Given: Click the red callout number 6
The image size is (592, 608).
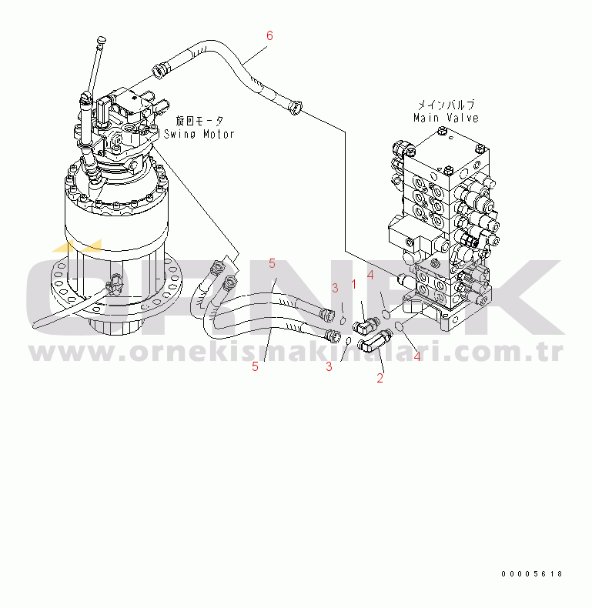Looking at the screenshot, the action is pyautogui.click(x=269, y=35).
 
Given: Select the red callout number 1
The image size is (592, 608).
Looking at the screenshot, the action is pyautogui.click(x=354, y=284).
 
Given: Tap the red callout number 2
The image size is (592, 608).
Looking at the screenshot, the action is pyautogui.click(x=380, y=378).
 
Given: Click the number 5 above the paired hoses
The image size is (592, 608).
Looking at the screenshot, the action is pyautogui.click(x=272, y=264).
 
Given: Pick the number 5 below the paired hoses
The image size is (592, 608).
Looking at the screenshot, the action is pyautogui.click(x=255, y=366).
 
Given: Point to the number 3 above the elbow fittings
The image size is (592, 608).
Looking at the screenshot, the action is pyautogui.click(x=335, y=288).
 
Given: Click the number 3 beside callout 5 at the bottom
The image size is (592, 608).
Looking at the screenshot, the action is pyautogui.click(x=329, y=366).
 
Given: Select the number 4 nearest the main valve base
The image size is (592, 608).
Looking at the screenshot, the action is pyautogui.click(x=370, y=275).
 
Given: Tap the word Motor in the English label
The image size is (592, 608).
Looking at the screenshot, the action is pyautogui.click(x=219, y=134).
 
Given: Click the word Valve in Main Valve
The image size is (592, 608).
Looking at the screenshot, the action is pyautogui.click(x=463, y=118).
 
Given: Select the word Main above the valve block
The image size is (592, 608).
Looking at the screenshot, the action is pyautogui.click(x=426, y=118).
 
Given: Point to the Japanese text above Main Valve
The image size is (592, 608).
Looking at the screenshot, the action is pyautogui.click(x=447, y=105).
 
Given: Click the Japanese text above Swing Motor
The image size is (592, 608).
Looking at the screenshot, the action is pyautogui.click(x=199, y=121).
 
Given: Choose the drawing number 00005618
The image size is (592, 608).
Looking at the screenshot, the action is pyautogui.click(x=531, y=574).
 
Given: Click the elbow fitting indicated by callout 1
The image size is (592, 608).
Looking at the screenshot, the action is pyautogui.click(x=366, y=325).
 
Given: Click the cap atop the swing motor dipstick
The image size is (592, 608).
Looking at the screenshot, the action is pyautogui.click(x=102, y=39).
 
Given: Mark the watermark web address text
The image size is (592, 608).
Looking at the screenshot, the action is pyautogui.click(x=296, y=351).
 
